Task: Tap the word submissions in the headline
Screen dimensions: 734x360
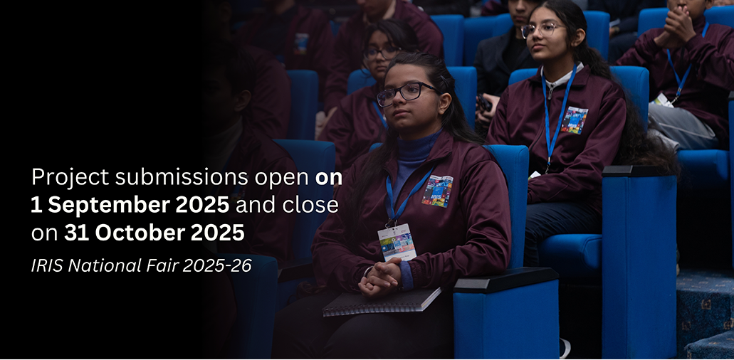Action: (182, 176)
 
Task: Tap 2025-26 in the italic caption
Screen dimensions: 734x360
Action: (217, 265)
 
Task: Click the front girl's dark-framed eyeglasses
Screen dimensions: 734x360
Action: (405, 93)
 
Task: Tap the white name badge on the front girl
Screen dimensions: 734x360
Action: (397, 241)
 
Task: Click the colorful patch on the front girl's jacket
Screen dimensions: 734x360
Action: (437, 191)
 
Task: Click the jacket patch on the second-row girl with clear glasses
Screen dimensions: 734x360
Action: (574, 120)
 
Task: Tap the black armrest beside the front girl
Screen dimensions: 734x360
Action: (505, 280)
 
